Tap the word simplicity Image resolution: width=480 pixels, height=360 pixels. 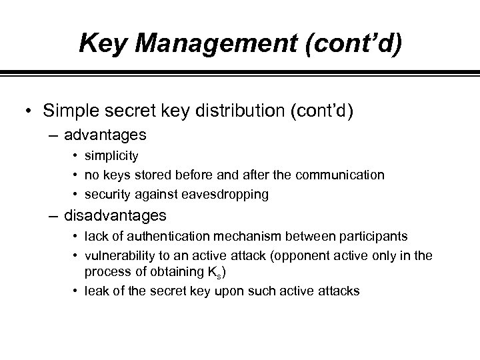pyautogui.click(x=115, y=155)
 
